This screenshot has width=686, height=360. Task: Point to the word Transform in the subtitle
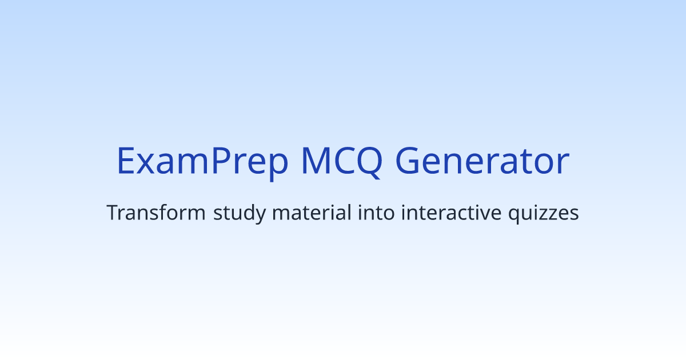(156, 214)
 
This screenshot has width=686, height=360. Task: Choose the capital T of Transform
(113, 214)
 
